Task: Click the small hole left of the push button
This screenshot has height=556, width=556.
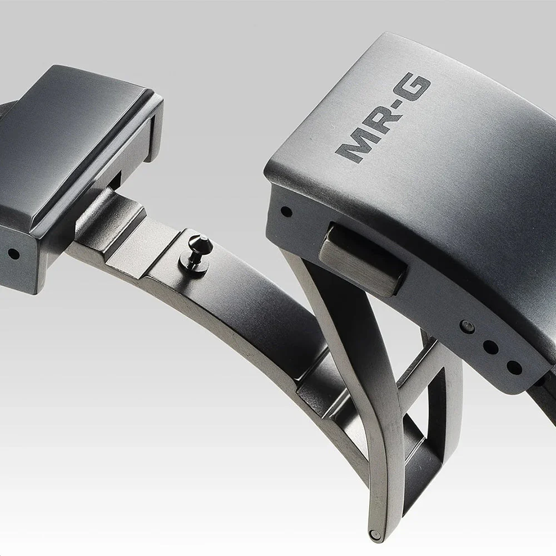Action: tap(286, 212)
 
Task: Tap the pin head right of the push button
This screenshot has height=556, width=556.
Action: tap(468, 326)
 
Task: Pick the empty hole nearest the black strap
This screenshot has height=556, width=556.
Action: tap(514, 368)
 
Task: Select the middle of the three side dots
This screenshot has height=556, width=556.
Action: tap(491, 347)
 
